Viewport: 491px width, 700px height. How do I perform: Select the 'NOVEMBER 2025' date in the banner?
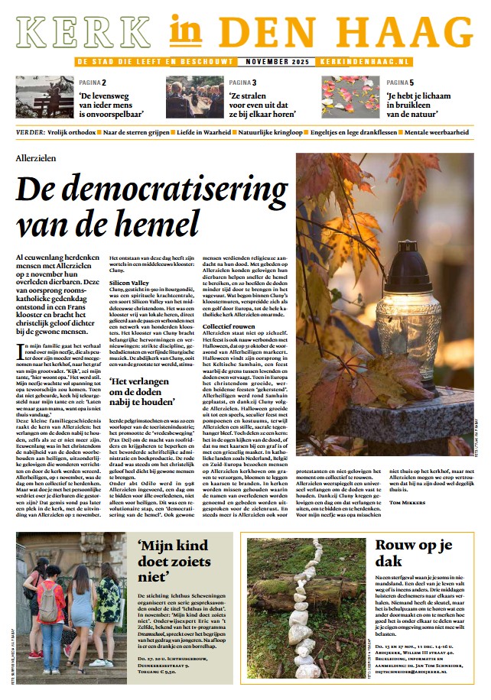273,61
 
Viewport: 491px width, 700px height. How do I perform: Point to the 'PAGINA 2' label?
93,82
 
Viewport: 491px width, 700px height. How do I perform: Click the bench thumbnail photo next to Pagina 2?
45,97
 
